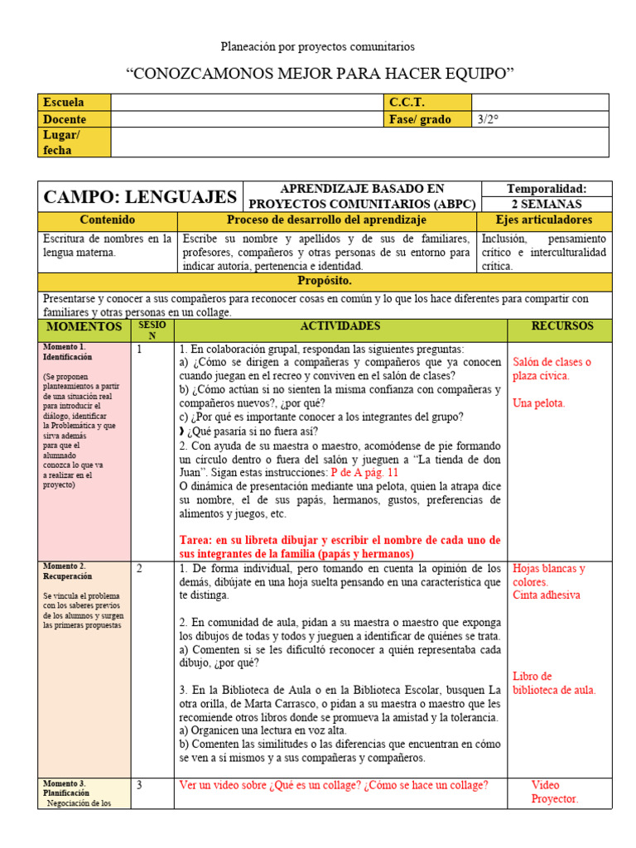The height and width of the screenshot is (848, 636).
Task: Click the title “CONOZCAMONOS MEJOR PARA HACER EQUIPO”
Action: tap(320, 74)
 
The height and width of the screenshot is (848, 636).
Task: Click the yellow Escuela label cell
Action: tap(75, 103)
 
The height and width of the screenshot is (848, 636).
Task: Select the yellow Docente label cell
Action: tap(75, 119)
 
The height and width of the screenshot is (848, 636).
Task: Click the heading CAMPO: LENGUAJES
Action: tap(140, 197)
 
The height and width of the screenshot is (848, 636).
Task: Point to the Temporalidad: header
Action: tap(546, 189)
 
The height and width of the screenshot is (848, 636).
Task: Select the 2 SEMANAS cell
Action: tap(546, 204)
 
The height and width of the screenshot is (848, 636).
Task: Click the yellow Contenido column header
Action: tap(107, 220)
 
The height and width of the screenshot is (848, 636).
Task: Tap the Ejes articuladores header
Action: tap(544, 220)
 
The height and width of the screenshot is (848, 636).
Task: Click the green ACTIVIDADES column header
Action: tap(340, 326)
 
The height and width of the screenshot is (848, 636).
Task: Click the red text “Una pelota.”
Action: tap(539, 403)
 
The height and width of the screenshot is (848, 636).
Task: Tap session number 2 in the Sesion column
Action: tap(140, 569)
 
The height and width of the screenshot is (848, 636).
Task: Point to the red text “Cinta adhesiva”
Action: tap(546, 595)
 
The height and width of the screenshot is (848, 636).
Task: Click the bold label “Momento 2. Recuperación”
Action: tap(69, 571)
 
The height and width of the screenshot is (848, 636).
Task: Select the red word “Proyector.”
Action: tap(555, 799)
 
